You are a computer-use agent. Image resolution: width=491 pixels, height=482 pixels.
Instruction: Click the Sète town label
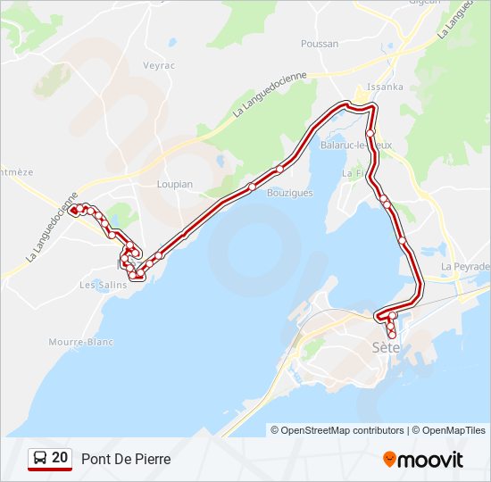[386, 347]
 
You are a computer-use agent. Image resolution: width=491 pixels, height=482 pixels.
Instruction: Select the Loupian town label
[175, 184]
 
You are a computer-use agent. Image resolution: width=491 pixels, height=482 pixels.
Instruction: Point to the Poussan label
[320, 43]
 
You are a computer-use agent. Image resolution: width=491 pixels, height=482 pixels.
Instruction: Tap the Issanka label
[386, 87]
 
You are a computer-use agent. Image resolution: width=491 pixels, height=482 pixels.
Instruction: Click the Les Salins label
[99, 286]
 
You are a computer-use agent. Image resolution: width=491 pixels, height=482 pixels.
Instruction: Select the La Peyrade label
[466, 266]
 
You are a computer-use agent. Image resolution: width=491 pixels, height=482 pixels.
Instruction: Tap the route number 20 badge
[60, 458]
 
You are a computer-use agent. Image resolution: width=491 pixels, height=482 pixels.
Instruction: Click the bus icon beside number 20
[40, 459]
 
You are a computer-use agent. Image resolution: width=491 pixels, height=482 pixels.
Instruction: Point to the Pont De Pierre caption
[126, 459]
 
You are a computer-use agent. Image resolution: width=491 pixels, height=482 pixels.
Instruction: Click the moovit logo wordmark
[430, 460]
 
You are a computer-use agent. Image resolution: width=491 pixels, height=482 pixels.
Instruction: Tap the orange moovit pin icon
[389, 459]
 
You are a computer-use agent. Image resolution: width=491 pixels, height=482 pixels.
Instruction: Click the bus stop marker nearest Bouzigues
[279, 169]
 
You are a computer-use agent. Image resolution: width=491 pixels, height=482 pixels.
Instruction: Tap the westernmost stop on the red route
[73, 211]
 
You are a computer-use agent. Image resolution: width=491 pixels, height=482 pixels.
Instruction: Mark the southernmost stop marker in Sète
[392, 334]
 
